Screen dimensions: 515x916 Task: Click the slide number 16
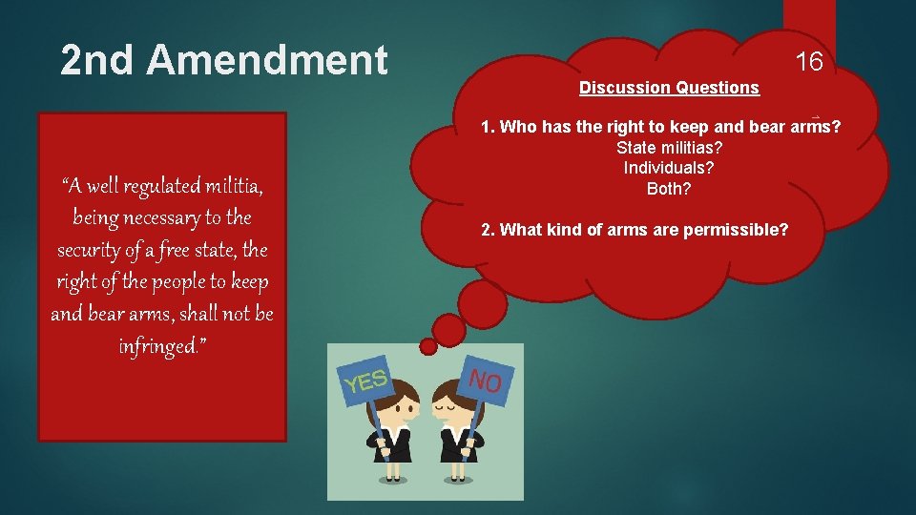[809, 63]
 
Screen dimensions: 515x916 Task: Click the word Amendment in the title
[268, 60]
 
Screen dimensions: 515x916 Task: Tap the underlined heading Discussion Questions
[669, 88]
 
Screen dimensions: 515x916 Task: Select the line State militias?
[669, 148]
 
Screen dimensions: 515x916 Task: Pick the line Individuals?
[669, 168]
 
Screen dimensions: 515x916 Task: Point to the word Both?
[669, 188]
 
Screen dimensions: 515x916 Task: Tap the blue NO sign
[488, 381]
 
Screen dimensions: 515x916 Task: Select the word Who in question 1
[519, 127]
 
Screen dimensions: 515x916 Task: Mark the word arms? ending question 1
[814, 127]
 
